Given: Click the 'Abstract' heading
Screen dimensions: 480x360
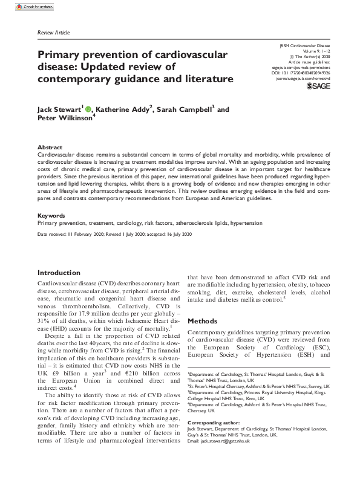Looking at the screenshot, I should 49,148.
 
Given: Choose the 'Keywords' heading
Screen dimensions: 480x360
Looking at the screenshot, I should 51,215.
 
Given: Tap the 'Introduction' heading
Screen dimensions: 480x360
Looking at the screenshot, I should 59,273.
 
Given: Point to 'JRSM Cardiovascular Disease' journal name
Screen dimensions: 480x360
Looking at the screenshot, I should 302,45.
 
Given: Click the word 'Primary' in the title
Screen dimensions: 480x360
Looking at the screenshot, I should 60,54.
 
